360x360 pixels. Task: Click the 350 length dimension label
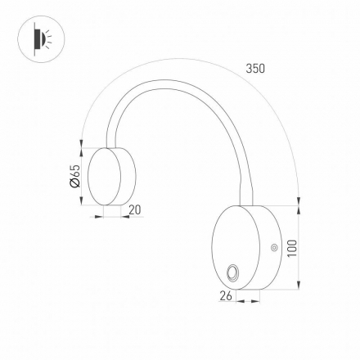255,69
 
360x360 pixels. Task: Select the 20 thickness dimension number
135,209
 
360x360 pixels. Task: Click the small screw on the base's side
275,246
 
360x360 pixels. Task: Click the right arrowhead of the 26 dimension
256,298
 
